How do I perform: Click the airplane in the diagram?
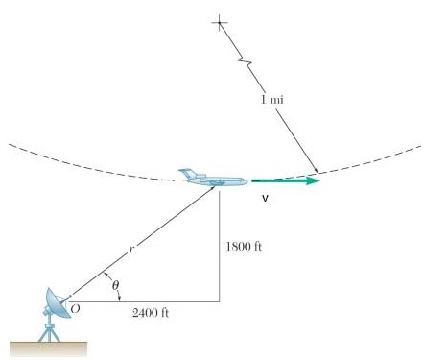(x=213, y=177)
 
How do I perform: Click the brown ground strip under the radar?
(x=43, y=345)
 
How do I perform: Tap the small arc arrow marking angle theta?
(x=104, y=286)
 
